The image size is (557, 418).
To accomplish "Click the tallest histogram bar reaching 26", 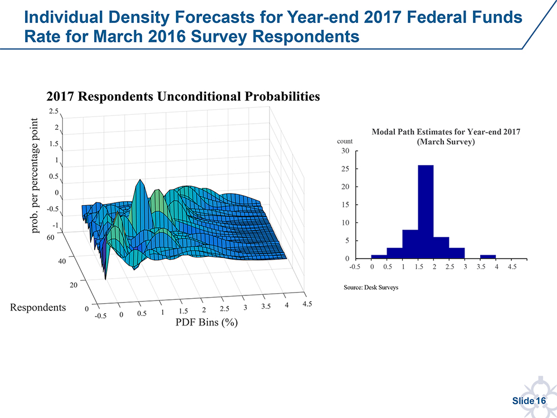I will click(426, 212).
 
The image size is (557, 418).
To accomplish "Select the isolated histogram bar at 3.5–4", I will click(488, 257).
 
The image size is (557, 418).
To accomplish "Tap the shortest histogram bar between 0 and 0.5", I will click(379, 257).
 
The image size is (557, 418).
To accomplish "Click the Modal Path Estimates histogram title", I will click(446, 137).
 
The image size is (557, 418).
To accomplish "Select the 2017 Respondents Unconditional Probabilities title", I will click(183, 96).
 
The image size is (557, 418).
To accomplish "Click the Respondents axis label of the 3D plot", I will click(38, 308).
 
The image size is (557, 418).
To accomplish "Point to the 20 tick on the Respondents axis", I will click(74, 285).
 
